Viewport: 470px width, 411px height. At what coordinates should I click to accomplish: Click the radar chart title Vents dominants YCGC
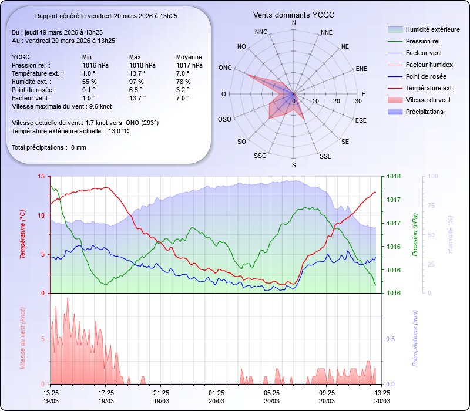point(294,14)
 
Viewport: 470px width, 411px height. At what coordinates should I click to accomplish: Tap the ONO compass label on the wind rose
point(224,68)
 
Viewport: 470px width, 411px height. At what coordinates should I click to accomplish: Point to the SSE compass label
point(325,156)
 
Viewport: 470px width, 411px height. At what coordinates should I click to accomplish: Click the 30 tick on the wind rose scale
point(358,102)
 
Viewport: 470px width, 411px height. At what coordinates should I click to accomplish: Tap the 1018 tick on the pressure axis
point(394,176)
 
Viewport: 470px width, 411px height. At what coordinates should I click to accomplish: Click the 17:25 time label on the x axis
point(106,393)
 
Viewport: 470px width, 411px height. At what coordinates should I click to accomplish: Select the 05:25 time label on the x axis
point(271,393)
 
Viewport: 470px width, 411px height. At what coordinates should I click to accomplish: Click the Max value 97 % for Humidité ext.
point(137,82)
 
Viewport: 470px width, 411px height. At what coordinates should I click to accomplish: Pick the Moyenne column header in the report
point(189,57)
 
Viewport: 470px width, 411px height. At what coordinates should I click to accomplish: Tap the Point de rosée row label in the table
point(33,90)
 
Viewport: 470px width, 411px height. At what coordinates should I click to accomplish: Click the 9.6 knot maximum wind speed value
point(100,106)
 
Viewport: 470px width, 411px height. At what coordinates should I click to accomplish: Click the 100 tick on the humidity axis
point(432,176)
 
